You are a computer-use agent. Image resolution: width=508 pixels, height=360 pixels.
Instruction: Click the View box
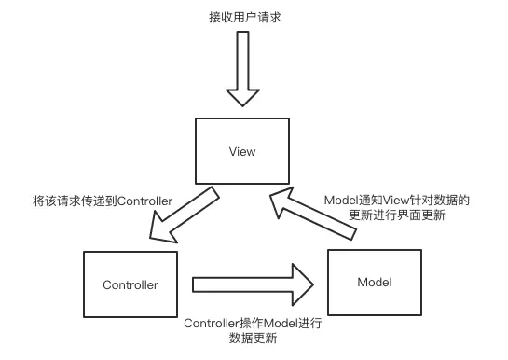(x=242, y=151)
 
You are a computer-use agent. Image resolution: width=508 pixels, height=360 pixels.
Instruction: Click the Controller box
(x=130, y=284)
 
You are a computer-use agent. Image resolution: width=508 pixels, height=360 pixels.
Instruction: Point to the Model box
(x=374, y=282)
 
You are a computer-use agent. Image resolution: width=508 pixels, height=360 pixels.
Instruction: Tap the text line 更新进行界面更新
(x=396, y=216)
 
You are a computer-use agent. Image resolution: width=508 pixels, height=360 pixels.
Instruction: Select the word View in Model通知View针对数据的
(x=389, y=200)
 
